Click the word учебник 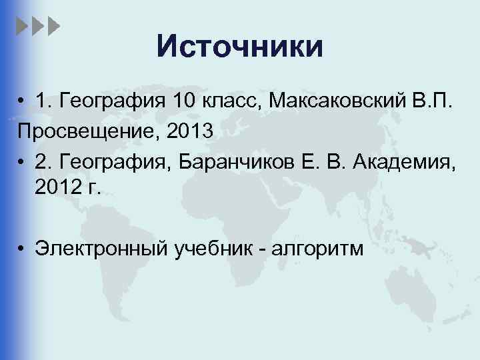[220, 249]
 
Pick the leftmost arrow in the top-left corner [21, 26]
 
